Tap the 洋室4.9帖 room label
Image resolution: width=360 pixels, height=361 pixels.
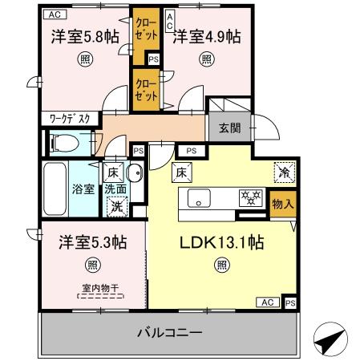pos(207,37)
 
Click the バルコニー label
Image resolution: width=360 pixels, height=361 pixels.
pos(168,331)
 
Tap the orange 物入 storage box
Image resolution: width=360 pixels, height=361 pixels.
pos(282,205)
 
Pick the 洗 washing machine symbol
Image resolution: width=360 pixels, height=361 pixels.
pos(116,205)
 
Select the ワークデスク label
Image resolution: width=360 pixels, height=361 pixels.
pos(70,118)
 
